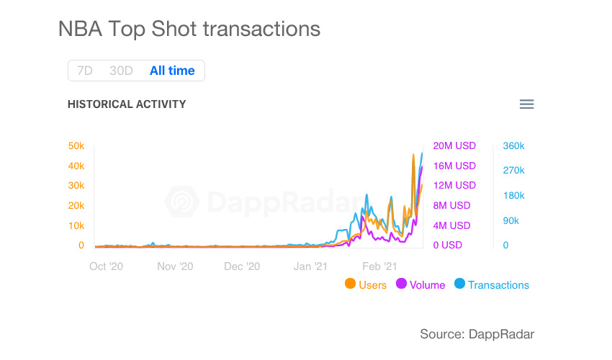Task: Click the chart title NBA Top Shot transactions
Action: click(189, 29)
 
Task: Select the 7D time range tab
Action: click(85, 71)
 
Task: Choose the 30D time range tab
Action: click(121, 71)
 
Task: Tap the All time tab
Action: click(172, 71)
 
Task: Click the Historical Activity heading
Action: click(127, 104)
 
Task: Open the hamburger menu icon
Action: click(526, 104)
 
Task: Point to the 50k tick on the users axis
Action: click(76, 146)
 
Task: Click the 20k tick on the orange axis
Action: click(76, 205)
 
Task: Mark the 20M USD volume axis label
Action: click(454, 146)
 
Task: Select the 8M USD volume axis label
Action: click(451, 205)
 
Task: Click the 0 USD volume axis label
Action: click(447, 245)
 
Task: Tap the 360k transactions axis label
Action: click(513, 146)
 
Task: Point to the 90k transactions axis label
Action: click(510, 220)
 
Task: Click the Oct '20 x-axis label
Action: click(107, 266)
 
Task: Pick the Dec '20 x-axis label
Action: click(242, 266)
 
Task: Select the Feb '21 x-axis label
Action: click(379, 266)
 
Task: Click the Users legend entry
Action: click(366, 284)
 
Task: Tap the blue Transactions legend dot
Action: click(459, 284)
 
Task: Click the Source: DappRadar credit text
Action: click(477, 333)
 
